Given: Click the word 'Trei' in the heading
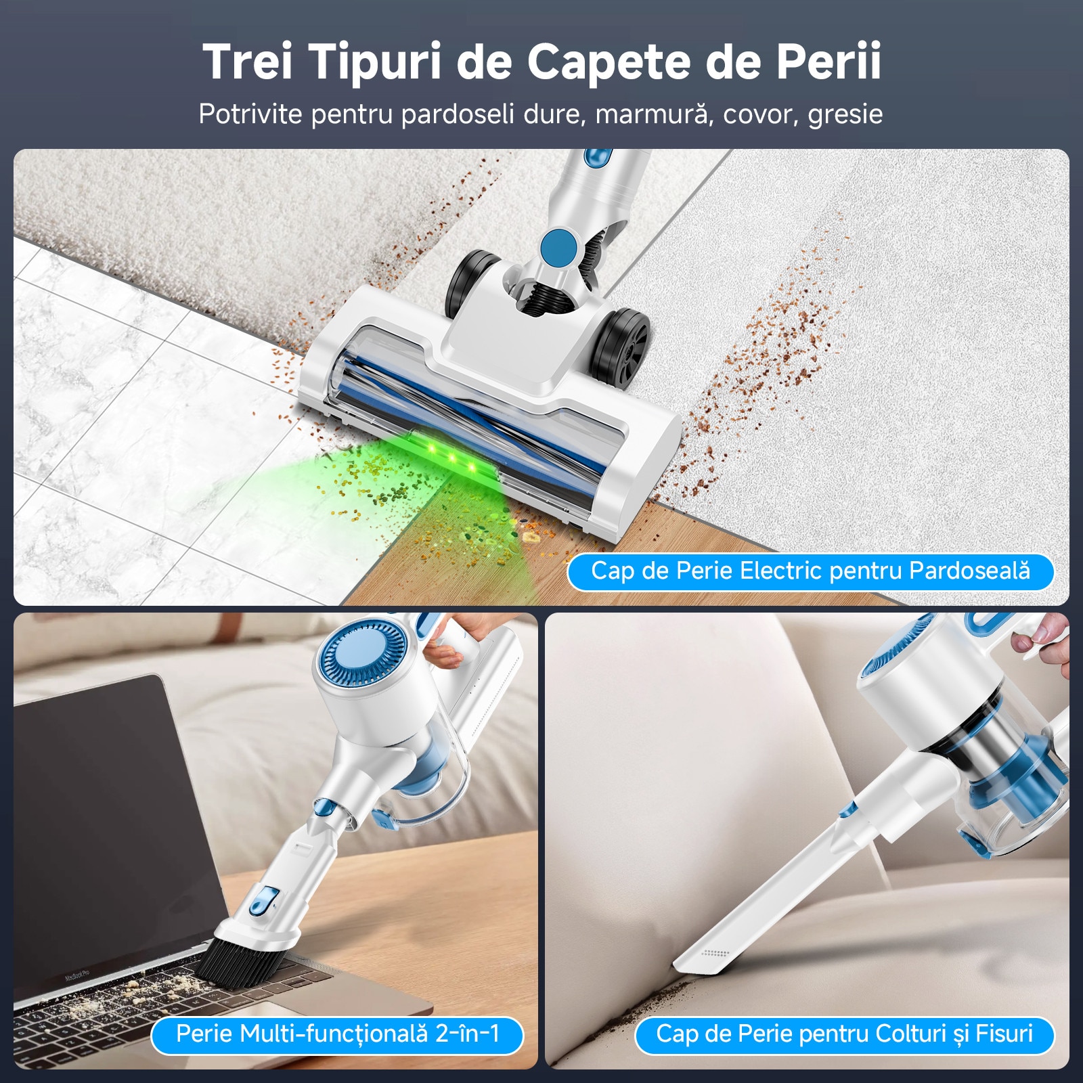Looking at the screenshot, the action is (x=248, y=62).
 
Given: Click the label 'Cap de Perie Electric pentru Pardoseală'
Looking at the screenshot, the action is (x=810, y=571).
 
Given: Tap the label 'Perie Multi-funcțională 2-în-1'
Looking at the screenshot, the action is (x=337, y=1034).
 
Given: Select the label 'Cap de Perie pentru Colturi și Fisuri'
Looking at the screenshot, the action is (x=844, y=1034).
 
